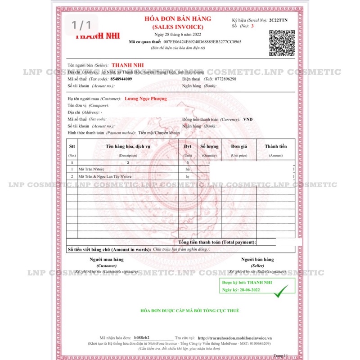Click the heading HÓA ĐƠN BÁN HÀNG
[177, 18]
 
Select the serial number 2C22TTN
[282, 20]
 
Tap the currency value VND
[248, 119]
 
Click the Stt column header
[72, 146]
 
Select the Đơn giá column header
[239, 146]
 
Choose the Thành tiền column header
[276, 146]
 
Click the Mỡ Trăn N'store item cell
[91, 169]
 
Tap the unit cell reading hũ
[188, 169]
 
